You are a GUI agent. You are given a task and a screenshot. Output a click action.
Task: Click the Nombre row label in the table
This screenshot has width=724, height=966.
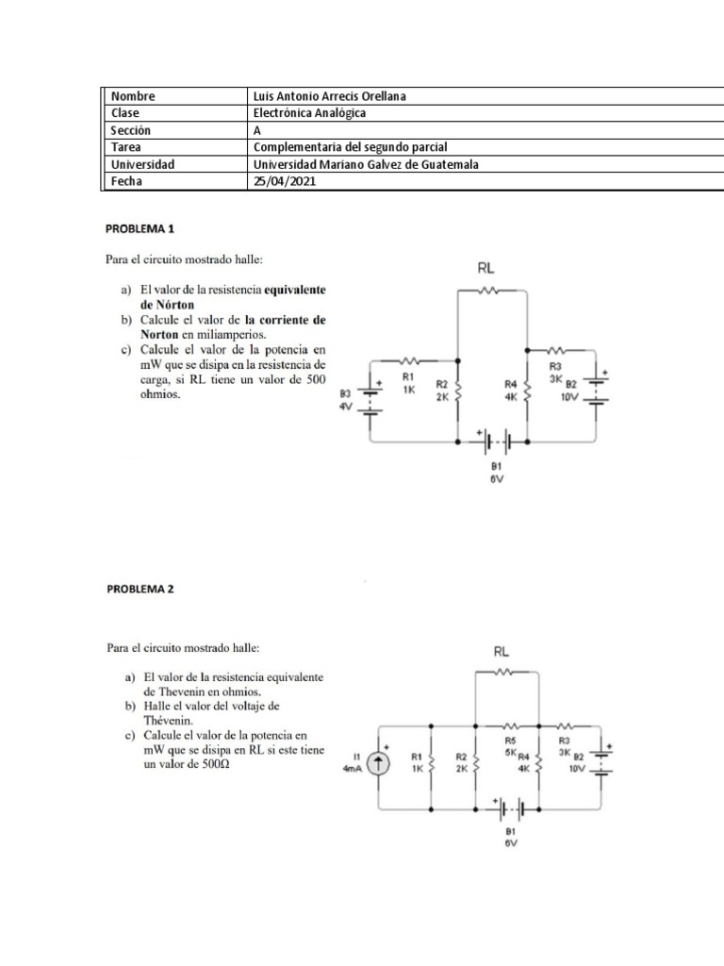click(133, 96)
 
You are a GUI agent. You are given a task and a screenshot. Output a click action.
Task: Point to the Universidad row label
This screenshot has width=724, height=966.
click(142, 164)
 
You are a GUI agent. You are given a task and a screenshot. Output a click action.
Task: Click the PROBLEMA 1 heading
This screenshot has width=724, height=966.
click(140, 229)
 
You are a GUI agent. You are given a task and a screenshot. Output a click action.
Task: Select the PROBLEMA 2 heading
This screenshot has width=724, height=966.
click(140, 590)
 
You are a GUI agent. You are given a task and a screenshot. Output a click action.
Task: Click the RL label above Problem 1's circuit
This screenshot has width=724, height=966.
click(486, 268)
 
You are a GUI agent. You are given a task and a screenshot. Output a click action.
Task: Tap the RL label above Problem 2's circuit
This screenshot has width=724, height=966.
click(502, 651)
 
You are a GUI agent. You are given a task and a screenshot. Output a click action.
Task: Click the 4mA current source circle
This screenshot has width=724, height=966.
click(378, 765)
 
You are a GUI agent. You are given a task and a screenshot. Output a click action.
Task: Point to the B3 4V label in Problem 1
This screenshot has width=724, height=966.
click(346, 399)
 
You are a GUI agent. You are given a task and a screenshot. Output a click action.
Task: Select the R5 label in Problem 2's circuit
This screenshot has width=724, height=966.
click(510, 742)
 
